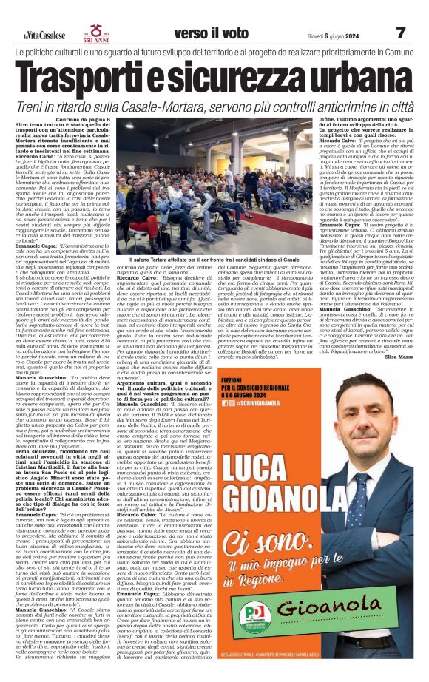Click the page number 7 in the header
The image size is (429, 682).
click(401, 33)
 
